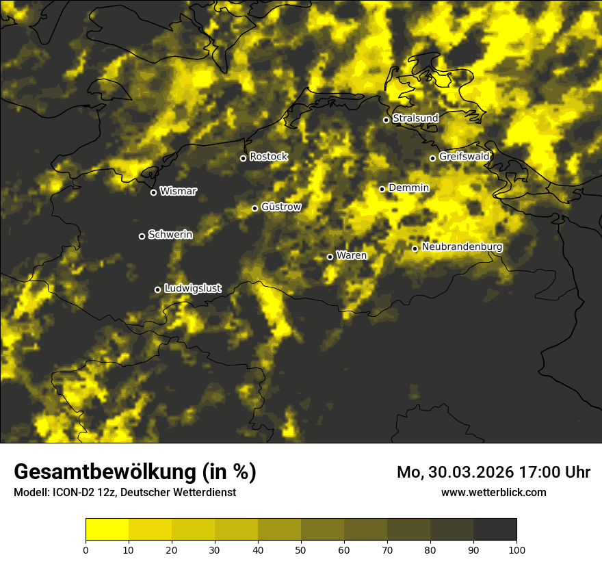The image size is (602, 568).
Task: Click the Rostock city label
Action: point(269,157)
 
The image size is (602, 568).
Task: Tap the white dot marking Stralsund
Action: point(386,120)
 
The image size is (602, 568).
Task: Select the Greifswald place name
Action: point(464,157)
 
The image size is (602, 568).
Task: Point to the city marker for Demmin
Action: point(382,189)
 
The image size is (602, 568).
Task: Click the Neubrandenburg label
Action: point(462,247)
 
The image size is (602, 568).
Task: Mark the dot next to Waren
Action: point(330,257)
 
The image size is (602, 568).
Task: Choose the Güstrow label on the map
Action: point(281,207)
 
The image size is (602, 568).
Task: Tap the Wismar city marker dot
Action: point(153,192)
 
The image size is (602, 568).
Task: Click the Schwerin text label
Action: point(170,235)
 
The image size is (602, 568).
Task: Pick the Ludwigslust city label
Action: point(193,289)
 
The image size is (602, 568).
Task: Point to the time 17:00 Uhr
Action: point(557,472)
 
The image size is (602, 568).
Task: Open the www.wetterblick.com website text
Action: point(493,492)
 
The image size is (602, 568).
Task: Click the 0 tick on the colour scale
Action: point(86,550)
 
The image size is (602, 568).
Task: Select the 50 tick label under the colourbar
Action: point(301,550)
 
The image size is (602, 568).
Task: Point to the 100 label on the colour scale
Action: point(516,550)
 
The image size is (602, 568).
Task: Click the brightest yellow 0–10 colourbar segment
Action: point(107,530)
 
